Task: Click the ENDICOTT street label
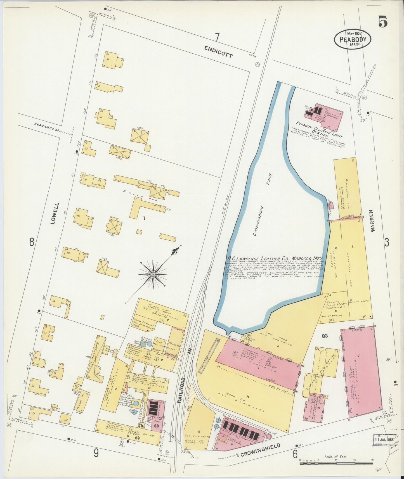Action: [x=218, y=52]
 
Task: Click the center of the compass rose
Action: [x=153, y=275]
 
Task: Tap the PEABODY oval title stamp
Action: [x=353, y=39]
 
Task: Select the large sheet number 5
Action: [x=383, y=22]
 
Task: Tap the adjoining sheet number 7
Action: [x=217, y=37]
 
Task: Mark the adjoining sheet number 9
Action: [x=96, y=453]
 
